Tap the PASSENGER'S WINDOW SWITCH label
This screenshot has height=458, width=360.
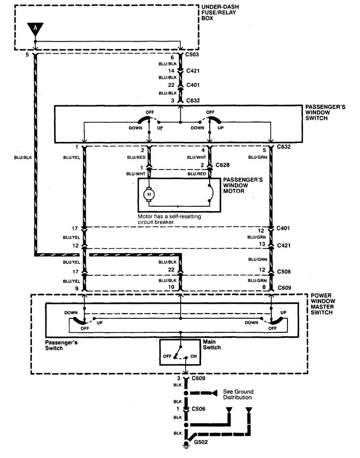pyautogui.click(x=325, y=112)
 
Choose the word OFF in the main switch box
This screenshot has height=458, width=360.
pyautogui.click(x=168, y=356)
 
